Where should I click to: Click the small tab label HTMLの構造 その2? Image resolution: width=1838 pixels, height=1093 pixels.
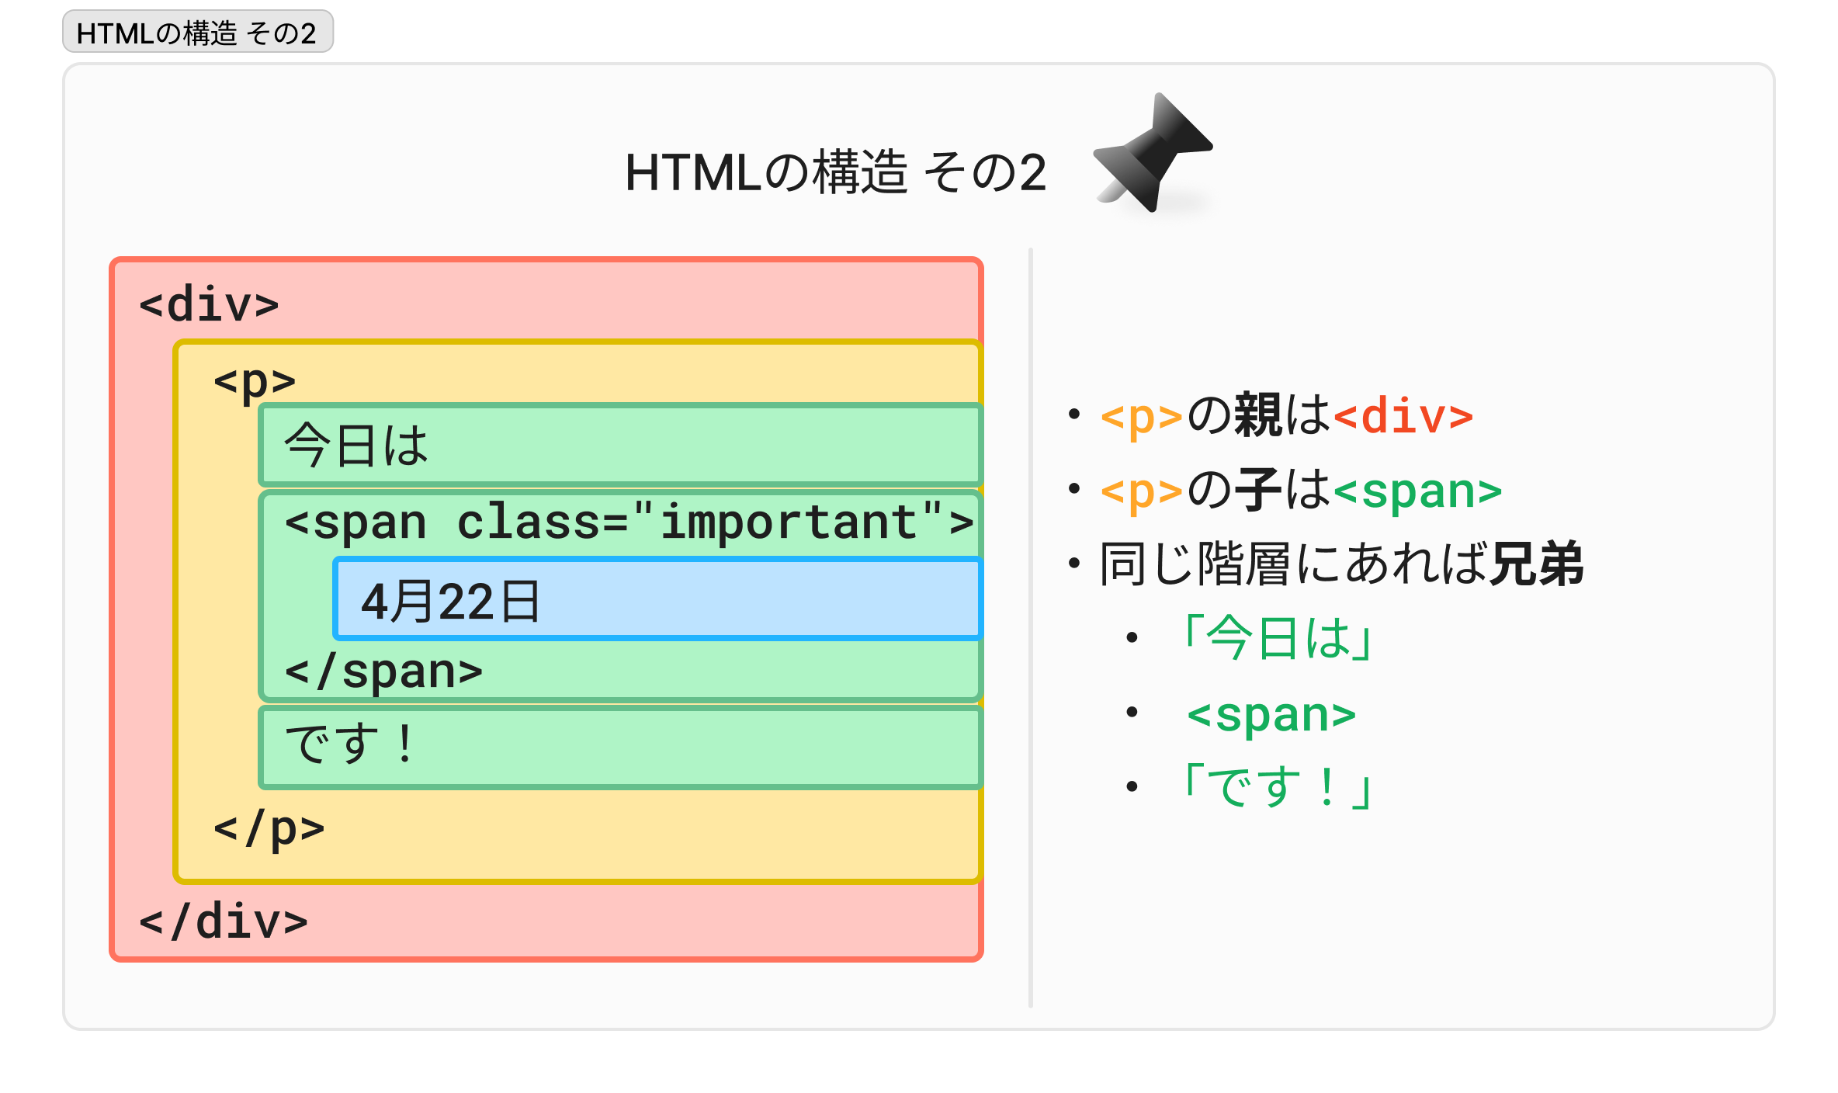(197, 33)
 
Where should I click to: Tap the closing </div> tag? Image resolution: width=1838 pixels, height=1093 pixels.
(224, 921)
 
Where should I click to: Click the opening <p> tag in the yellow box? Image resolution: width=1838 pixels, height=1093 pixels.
(255, 380)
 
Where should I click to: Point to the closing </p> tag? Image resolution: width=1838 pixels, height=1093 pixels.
(269, 828)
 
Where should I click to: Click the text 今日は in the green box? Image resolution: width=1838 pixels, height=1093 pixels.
(356, 446)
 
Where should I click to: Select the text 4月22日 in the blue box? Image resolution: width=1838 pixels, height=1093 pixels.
(450, 602)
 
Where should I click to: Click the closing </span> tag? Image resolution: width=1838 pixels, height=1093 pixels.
(383, 671)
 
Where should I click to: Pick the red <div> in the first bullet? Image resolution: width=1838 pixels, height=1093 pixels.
(1403, 416)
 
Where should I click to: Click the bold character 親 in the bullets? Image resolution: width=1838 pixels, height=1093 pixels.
(1258, 415)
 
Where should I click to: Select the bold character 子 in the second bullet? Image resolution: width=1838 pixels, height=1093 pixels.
(1258, 490)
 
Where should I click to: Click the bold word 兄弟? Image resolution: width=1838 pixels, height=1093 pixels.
(1537, 564)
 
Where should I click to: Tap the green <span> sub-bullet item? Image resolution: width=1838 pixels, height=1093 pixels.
(1271, 714)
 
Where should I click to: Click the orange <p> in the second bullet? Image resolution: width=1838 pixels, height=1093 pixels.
(1141, 491)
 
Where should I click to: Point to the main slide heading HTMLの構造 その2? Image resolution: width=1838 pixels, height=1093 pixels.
(835, 172)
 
